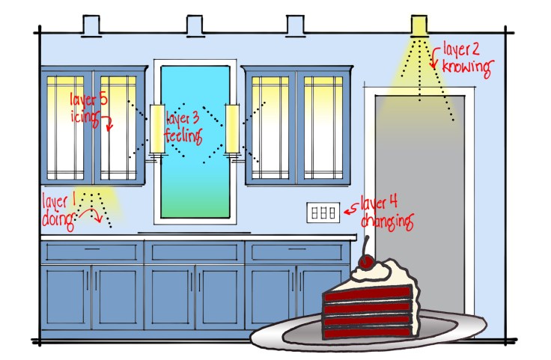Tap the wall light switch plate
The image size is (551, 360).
[x=323, y=212]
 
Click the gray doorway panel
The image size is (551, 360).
[x=418, y=202]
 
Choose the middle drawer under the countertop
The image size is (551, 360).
[x=195, y=251]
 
